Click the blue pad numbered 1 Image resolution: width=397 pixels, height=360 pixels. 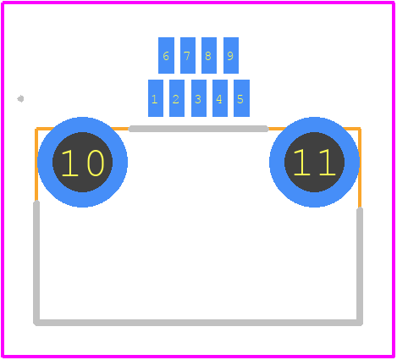click(x=156, y=98)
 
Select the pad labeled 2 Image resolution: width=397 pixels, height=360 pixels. click(x=177, y=98)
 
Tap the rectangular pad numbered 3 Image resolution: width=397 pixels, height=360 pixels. click(x=199, y=98)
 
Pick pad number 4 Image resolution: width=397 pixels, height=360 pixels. click(x=220, y=98)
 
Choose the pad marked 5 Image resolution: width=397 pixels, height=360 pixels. click(x=241, y=98)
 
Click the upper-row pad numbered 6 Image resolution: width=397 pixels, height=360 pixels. click(x=166, y=55)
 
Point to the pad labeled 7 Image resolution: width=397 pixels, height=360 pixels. click(x=188, y=55)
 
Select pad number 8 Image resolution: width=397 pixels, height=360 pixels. click(x=209, y=55)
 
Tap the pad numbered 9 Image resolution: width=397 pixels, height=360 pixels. click(x=231, y=55)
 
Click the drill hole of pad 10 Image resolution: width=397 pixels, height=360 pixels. click(x=82, y=162)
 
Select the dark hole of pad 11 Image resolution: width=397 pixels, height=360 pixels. click(x=314, y=162)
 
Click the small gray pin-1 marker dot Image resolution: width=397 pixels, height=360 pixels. click(x=20, y=99)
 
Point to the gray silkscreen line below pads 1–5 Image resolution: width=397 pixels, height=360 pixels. click(x=198, y=129)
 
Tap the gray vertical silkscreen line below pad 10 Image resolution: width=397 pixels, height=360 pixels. click(x=36, y=263)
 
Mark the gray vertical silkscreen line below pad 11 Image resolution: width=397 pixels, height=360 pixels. click(x=360, y=266)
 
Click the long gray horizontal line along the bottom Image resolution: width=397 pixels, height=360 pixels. click(x=198, y=323)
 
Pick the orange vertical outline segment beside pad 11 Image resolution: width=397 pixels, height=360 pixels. click(x=360, y=169)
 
